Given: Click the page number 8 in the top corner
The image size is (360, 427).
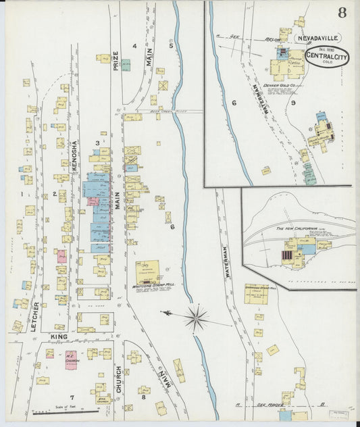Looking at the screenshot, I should (343, 13).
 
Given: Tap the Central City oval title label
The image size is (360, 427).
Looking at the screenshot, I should (327, 56).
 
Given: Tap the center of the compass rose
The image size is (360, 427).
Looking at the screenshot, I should (197, 317).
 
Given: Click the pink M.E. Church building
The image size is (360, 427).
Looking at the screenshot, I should (72, 361).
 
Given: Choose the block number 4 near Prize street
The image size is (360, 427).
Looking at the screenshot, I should (134, 46).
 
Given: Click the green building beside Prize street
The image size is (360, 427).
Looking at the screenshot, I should (126, 65).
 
